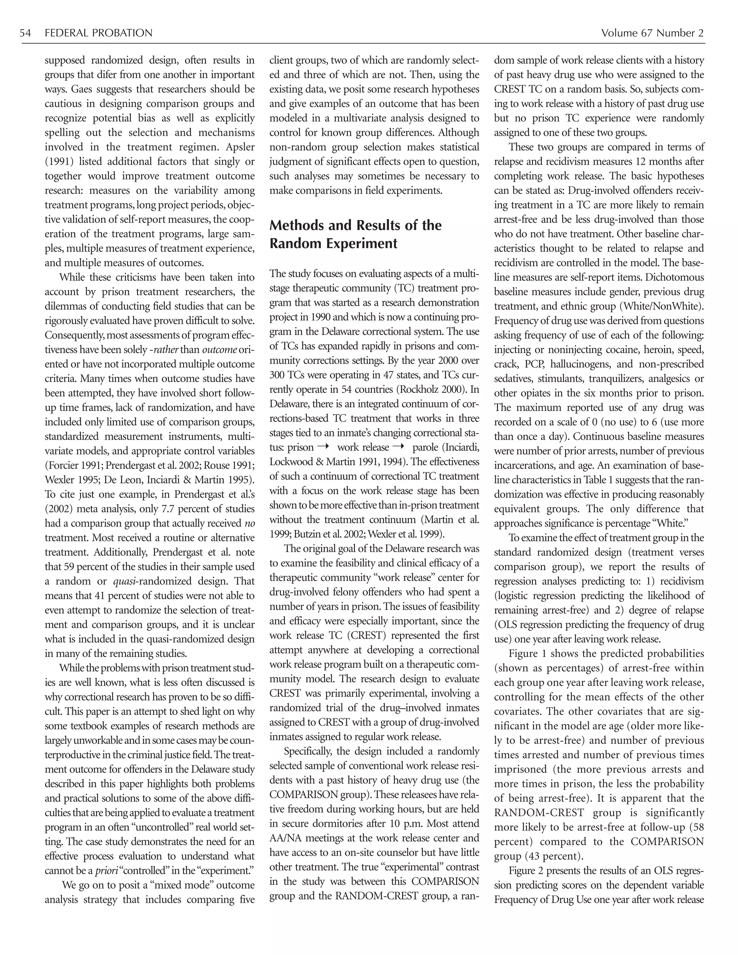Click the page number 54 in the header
(x=25, y=33)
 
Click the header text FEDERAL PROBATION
(x=98, y=33)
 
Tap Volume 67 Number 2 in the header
(x=652, y=33)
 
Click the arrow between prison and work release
(x=323, y=447)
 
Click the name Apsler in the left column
(x=240, y=147)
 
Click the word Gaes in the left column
(x=83, y=89)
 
